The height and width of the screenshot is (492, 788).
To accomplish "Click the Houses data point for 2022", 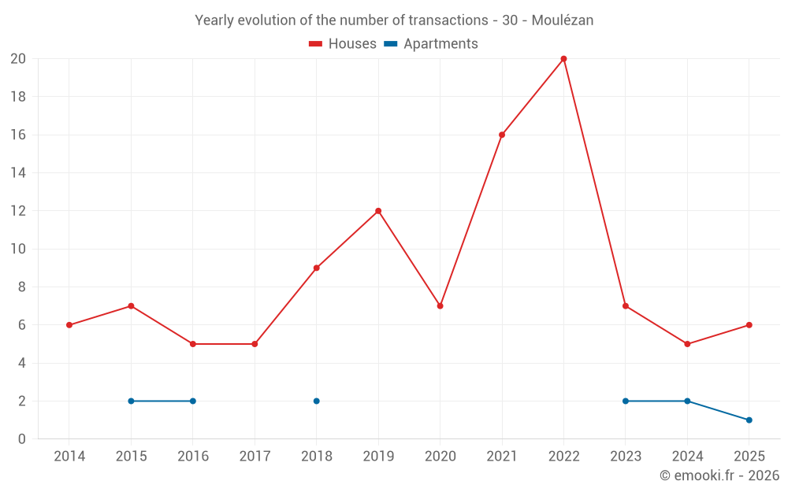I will pyautogui.click(x=563, y=59).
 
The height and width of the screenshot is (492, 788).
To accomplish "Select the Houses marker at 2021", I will pyautogui.click(x=502, y=135).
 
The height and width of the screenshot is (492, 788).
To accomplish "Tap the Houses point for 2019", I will pyautogui.click(x=378, y=211).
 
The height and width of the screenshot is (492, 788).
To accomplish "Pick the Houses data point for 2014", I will pyautogui.click(x=69, y=325).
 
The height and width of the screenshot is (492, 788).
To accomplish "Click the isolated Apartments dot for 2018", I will pyautogui.click(x=316, y=401).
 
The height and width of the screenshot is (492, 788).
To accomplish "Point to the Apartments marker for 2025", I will pyautogui.click(x=749, y=420).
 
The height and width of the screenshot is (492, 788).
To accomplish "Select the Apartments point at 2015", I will pyautogui.click(x=131, y=401).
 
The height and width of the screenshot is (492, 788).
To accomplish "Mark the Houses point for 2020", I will pyautogui.click(x=440, y=306).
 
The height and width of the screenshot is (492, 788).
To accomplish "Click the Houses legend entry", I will pyautogui.click(x=343, y=44).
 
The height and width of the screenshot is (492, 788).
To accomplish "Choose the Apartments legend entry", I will pyautogui.click(x=432, y=44).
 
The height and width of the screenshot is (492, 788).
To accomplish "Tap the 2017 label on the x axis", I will pyautogui.click(x=255, y=457).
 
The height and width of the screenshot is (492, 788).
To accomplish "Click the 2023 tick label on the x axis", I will pyautogui.click(x=625, y=457).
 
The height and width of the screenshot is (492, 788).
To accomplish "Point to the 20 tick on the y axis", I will pyautogui.click(x=18, y=59).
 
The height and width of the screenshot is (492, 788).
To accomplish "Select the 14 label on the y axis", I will pyautogui.click(x=18, y=173).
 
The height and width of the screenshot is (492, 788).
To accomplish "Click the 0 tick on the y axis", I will pyautogui.click(x=22, y=439).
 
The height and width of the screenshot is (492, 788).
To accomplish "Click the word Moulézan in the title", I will pyautogui.click(x=562, y=20).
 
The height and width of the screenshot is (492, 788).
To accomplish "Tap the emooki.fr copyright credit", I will pyautogui.click(x=719, y=475).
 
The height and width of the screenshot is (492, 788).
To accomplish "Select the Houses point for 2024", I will pyautogui.click(x=687, y=344).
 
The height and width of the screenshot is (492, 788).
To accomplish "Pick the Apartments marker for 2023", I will pyautogui.click(x=626, y=401).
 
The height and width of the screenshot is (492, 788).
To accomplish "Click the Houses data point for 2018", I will pyautogui.click(x=316, y=268).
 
